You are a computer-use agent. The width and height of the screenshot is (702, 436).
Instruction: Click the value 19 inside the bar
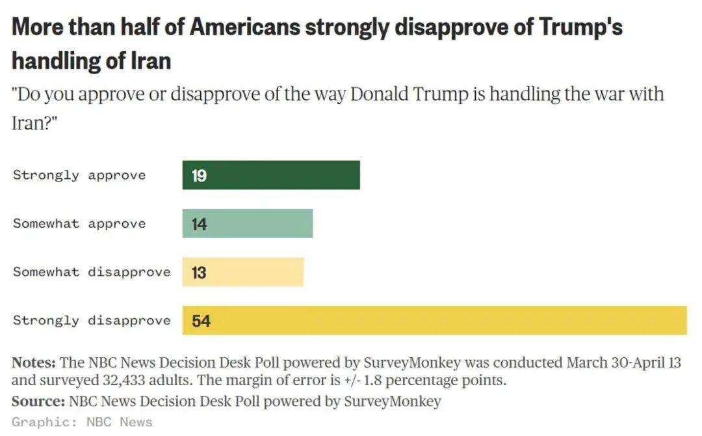[199, 176]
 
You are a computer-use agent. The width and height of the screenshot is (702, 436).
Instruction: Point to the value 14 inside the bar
[199, 224]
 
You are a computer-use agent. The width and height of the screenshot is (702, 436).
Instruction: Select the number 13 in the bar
[199, 273]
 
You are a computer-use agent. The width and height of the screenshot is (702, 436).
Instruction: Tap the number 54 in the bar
[201, 321]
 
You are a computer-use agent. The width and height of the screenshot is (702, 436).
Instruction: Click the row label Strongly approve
[79, 175]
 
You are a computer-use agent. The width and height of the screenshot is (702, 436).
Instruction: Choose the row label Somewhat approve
[79, 223]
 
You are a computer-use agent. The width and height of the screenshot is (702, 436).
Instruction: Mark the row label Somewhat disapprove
[92, 272]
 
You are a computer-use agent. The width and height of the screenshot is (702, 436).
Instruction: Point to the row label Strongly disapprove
[92, 320]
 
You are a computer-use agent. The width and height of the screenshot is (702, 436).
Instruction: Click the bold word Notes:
[34, 362]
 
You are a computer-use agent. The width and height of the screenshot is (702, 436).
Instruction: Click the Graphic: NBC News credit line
[82, 422]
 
